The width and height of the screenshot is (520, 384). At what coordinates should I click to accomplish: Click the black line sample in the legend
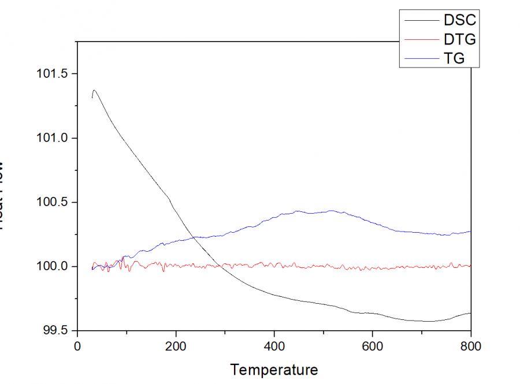click(419, 20)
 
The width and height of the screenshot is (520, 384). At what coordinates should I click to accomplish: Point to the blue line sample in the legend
click(419, 58)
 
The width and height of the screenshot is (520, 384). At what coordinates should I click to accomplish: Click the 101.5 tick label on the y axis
click(54, 74)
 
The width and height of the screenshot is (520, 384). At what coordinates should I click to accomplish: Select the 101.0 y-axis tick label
click(54, 138)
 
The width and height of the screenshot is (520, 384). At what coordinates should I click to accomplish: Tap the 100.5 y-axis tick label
click(54, 202)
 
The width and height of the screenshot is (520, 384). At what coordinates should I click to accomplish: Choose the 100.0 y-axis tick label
click(54, 266)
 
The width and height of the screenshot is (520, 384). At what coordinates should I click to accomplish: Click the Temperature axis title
click(274, 369)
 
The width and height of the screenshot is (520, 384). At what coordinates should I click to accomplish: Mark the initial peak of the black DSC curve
click(94, 90)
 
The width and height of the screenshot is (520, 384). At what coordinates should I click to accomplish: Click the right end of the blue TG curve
click(470, 231)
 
